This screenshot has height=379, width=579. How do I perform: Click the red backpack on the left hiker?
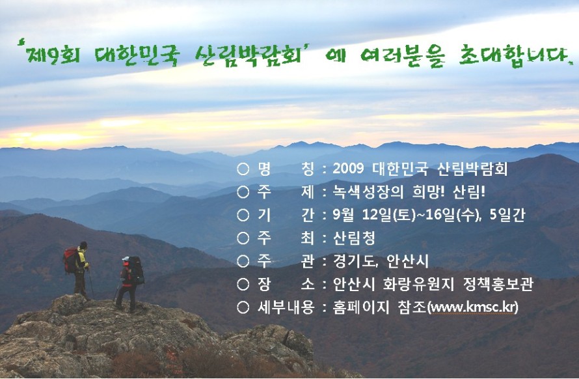[70, 260]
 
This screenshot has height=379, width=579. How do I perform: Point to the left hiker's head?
[83, 245]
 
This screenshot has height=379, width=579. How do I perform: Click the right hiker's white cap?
[126, 259]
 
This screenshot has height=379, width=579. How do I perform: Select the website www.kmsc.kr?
[472, 307]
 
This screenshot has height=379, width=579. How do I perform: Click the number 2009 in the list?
[348, 169]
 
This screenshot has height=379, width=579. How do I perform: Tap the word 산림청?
[354, 238]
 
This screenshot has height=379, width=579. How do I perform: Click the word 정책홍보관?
[498, 284]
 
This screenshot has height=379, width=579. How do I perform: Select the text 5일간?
[507, 215]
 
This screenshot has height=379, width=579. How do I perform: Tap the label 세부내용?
[286, 307]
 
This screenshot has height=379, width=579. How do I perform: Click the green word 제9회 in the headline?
[52, 55]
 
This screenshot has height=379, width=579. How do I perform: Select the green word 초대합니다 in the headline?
[513, 56]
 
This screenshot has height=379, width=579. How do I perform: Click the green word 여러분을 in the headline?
[402, 57]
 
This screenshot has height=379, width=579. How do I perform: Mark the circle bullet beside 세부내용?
[243, 307]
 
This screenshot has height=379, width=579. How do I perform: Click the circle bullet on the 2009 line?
[243, 169]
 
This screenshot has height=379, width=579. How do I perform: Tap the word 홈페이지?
[361, 307]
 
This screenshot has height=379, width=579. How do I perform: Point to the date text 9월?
[343, 215]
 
